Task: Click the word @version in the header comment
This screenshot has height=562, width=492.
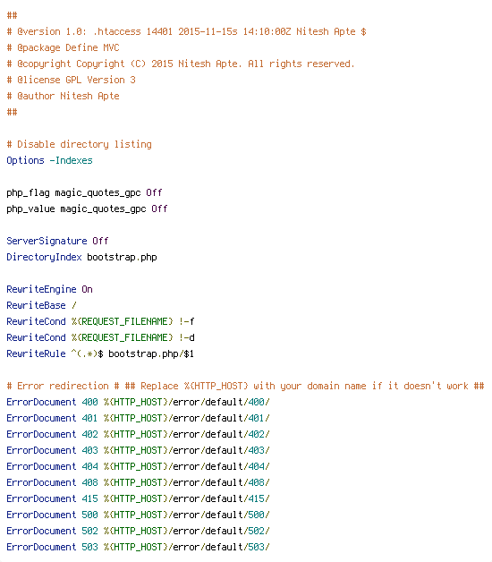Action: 38,31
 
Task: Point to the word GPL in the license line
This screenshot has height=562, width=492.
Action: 73,80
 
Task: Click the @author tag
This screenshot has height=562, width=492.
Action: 36,96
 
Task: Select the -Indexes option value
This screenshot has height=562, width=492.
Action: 71,160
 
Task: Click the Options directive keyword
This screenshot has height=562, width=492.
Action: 25,160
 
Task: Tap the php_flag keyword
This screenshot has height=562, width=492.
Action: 28,192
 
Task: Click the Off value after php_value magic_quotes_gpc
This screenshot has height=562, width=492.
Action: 159,209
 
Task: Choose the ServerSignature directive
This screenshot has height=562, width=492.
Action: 47,242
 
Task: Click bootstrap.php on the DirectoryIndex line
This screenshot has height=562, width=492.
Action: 122,258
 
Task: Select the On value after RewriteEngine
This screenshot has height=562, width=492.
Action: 87,289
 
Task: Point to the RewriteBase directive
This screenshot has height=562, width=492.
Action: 36,305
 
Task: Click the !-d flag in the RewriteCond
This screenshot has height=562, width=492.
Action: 186,337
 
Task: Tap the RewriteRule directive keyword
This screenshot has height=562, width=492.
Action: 36,353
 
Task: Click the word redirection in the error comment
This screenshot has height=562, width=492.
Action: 79,386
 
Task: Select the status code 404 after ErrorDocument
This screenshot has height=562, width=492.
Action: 89,466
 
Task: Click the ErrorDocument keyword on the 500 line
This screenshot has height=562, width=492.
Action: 41,515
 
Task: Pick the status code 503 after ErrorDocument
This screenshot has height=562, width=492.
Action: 89,548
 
